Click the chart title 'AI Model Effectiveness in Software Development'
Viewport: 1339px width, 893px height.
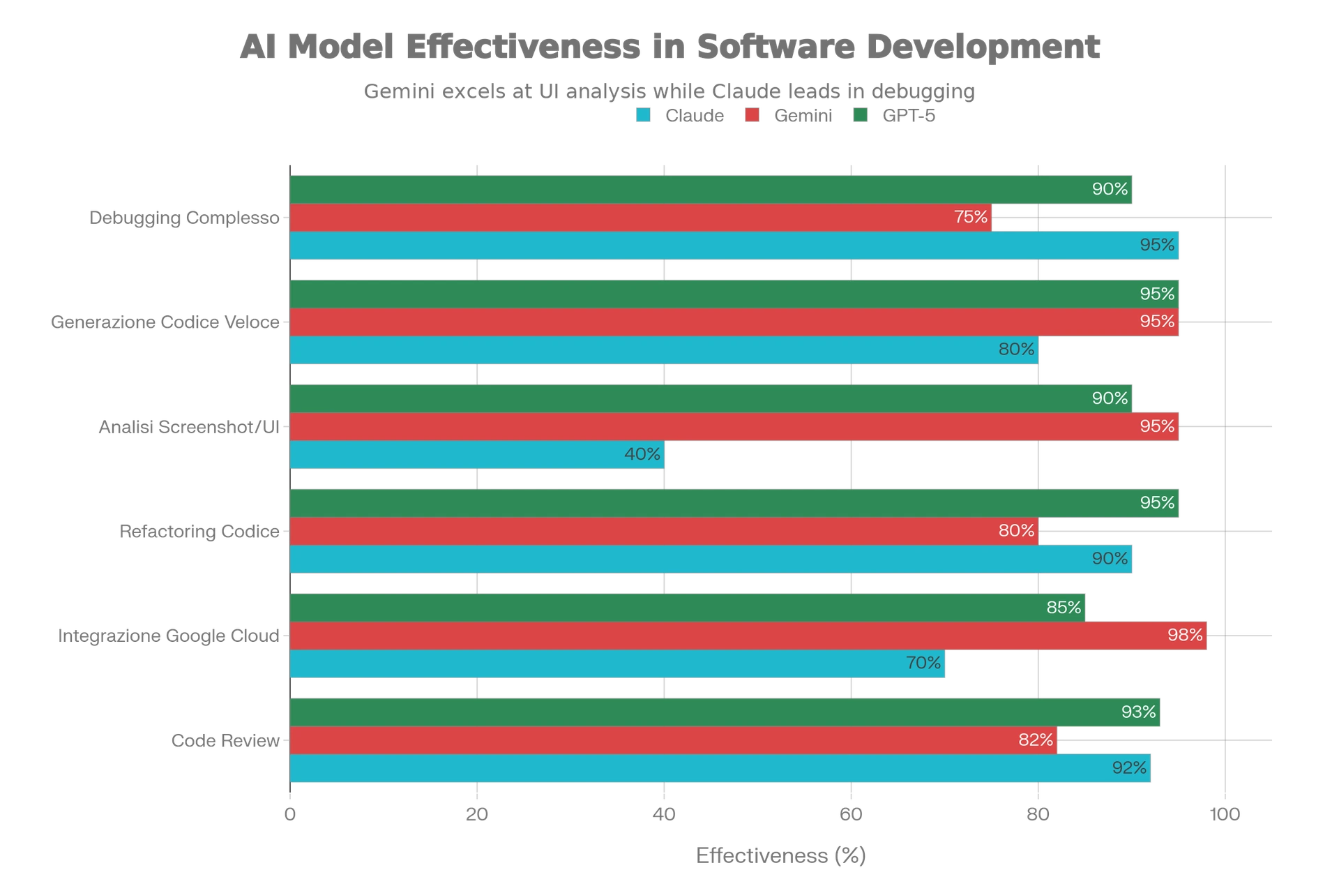pos(669,47)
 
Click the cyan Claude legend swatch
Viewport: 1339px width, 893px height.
pos(644,115)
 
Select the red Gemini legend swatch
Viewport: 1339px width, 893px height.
pos(752,115)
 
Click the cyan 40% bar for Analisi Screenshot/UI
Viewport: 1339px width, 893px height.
pos(477,454)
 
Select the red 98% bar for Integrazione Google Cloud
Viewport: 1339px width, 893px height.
pos(749,636)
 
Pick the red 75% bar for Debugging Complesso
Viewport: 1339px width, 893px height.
pos(641,218)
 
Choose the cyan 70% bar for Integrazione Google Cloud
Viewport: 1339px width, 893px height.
pos(618,663)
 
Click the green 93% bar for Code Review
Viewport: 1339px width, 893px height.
pos(725,712)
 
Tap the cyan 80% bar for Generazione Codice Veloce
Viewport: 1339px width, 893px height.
pos(664,350)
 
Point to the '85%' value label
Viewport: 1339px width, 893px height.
pos(1064,608)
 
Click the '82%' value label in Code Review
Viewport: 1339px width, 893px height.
pos(1036,740)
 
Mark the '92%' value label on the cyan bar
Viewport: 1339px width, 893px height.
pos(1129,767)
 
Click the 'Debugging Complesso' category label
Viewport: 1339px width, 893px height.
pos(182,218)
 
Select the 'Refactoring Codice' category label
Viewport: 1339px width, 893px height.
pos(199,532)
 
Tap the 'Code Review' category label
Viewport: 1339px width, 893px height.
pos(225,740)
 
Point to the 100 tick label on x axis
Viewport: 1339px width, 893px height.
pos(1224,814)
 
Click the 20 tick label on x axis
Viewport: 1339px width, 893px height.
pos(477,814)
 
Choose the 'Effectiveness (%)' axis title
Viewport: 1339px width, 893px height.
pos(782,855)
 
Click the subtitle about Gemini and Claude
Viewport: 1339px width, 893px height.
pos(669,91)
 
